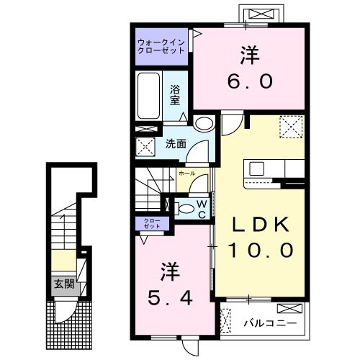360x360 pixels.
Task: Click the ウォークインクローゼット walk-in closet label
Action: (x=161, y=47)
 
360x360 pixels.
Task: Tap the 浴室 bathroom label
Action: (x=175, y=95)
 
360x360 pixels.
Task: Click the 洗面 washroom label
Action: (x=176, y=143)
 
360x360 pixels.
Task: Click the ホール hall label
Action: (x=186, y=174)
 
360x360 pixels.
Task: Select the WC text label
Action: (x=202, y=208)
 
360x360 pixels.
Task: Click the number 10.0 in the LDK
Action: (x=261, y=250)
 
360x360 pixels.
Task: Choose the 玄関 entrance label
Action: (x=63, y=284)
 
